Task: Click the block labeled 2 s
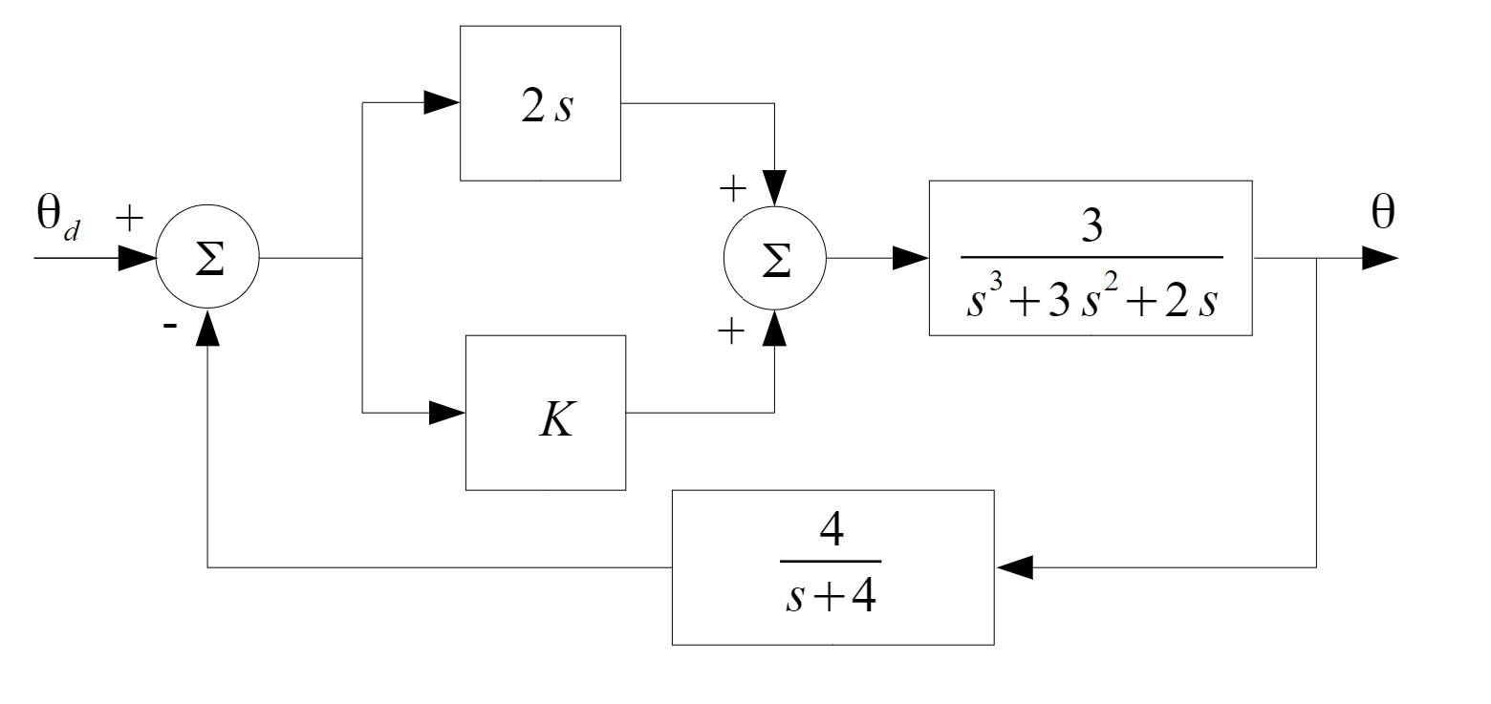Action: coord(540,103)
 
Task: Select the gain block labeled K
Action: coord(546,413)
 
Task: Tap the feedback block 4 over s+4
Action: coord(832,567)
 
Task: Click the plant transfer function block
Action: coord(1091,258)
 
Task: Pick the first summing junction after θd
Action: coord(207,259)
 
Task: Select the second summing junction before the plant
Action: coord(775,259)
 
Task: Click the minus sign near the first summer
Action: coord(169,326)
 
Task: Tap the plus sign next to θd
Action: coord(129,218)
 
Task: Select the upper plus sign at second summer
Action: coord(732,189)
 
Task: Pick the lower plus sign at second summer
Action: coord(731,331)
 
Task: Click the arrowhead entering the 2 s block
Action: coord(442,103)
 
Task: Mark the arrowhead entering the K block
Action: coord(446,413)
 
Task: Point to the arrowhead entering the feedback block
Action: coord(1014,567)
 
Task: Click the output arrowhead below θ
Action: coord(1379,258)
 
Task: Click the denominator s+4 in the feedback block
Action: coord(831,599)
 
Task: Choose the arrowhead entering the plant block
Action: coord(910,258)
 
